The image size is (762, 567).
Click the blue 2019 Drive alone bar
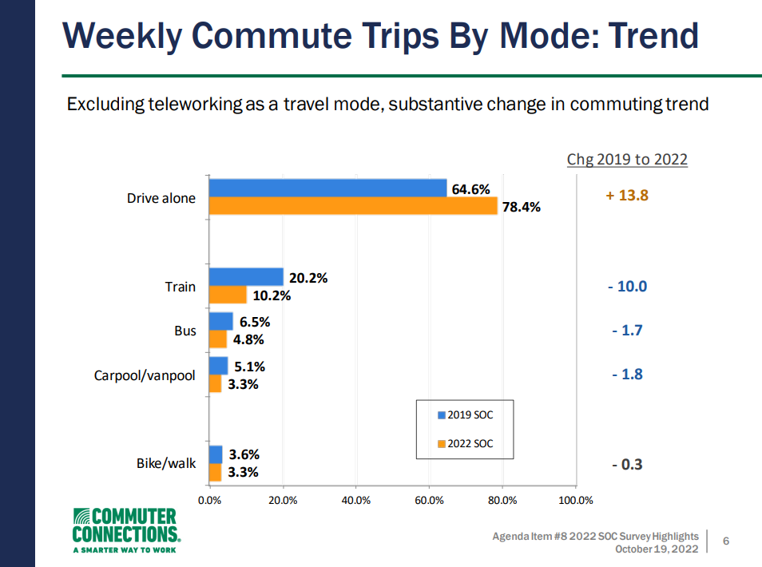(327, 188)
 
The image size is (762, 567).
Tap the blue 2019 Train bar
(246, 277)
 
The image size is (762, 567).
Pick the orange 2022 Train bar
(228, 295)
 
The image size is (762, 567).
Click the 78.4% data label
(521, 208)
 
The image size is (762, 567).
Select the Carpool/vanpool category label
(145, 375)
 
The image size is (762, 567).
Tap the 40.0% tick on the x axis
(355, 501)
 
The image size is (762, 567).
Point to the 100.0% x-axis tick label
(575, 501)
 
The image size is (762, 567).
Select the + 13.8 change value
(627, 195)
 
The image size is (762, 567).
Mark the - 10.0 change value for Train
(627, 286)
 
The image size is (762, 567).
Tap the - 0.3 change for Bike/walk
(627, 465)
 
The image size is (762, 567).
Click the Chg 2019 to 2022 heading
(627, 159)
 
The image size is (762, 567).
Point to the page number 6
(726, 541)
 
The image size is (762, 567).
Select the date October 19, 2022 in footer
(657, 549)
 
